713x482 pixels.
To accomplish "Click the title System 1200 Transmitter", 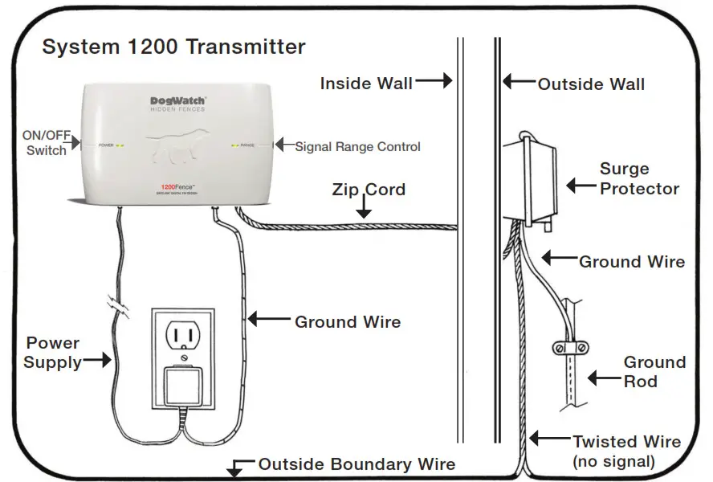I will click(x=173, y=47).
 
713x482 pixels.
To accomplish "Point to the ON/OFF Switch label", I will click(x=46, y=143).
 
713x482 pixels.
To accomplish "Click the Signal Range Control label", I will click(x=357, y=146).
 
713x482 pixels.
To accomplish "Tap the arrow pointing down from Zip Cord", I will click(x=363, y=211).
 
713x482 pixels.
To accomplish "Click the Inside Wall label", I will click(x=366, y=83).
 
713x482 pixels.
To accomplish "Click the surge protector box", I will click(x=530, y=181).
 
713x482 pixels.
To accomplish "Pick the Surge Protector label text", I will click(x=639, y=179).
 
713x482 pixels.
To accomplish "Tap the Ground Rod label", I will click(x=654, y=371).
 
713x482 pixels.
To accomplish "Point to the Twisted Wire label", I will click(x=626, y=442).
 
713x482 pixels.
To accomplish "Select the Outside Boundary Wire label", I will click(x=356, y=464).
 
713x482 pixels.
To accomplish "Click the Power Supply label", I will click(x=52, y=353).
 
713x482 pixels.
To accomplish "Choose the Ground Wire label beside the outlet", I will click(x=348, y=321).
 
